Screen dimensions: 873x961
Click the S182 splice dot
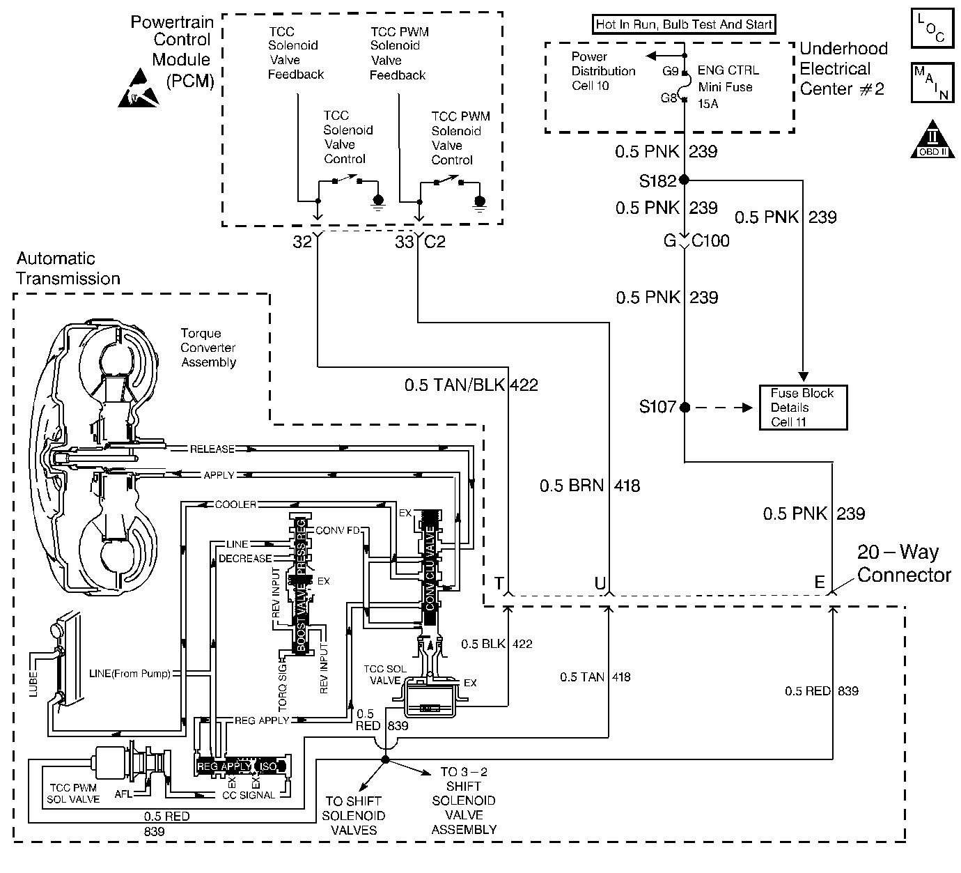click(684, 180)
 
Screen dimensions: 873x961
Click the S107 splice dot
click(684, 407)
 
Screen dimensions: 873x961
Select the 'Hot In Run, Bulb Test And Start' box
click(684, 25)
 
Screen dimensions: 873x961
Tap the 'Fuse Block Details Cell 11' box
click(803, 408)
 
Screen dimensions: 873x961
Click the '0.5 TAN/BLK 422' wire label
click(471, 385)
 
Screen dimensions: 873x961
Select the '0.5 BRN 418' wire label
click(589, 486)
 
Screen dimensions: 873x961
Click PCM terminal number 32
click(302, 242)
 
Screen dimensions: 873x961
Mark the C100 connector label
click(711, 241)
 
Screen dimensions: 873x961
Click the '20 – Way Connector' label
click(903, 564)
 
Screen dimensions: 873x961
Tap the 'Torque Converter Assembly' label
click(208, 348)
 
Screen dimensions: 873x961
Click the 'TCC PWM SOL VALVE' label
click(72, 793)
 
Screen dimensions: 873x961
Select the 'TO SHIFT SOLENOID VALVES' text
click(354, 815)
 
